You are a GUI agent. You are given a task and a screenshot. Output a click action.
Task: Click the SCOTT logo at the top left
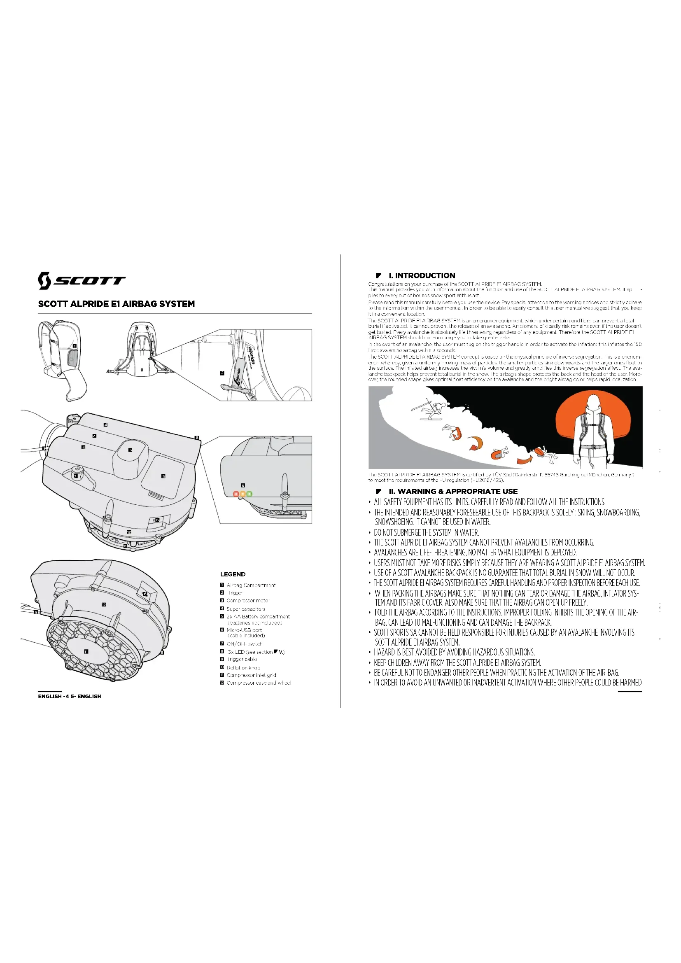(82, 281)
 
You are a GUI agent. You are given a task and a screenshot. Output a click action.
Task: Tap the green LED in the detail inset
(250, 494)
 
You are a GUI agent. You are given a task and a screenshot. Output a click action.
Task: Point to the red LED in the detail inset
(236, 494)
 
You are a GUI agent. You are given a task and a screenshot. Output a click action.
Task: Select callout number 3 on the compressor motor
(131, 450)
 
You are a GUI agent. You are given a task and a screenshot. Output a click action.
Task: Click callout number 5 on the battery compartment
(163, 476)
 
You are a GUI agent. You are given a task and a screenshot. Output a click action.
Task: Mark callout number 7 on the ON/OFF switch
(75, 476)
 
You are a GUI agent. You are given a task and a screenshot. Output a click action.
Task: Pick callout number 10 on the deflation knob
(70, 421)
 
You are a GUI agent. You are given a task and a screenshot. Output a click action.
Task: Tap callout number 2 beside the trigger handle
(222, 373)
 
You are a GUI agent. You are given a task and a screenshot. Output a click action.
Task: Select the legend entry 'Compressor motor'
(248, 601)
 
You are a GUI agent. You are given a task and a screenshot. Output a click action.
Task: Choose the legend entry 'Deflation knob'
(243, 667)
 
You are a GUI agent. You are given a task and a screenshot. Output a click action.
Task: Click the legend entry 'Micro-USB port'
(244, 630)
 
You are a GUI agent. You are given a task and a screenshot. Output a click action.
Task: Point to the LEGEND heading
(233, 574)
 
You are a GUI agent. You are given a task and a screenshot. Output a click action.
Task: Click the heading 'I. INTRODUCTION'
(422, 275)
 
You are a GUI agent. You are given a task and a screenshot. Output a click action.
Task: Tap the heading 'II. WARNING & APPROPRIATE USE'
(453, 491)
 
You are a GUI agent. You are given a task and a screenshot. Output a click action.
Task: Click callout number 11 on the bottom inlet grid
(86, 651)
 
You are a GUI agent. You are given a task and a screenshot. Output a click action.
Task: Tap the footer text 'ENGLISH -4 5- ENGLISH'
(70, 696)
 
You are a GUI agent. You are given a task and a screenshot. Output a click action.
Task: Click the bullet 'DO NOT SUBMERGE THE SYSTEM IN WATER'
(426, 532)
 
